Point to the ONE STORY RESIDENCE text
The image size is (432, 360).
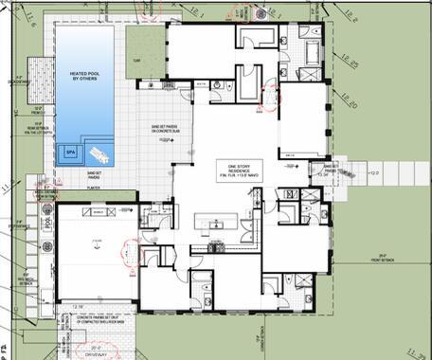click(232, 168)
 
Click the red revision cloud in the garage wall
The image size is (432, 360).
click(125, 249)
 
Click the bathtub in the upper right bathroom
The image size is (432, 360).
click(256, 38)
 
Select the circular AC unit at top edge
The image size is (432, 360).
click(261, 12)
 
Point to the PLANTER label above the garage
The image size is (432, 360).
click(94, 189)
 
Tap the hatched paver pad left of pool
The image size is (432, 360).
click(39, 71)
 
